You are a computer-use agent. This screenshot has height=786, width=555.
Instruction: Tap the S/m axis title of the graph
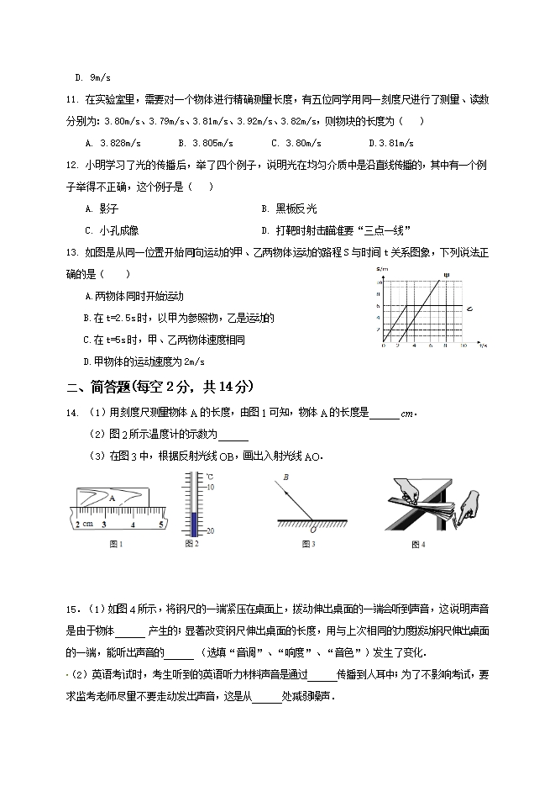coord(383,268)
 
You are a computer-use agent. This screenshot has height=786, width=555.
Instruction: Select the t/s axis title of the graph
coord(481,345)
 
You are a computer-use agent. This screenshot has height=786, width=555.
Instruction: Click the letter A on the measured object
coord(111,497)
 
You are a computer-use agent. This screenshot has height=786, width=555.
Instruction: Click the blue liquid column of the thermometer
coord(194,520)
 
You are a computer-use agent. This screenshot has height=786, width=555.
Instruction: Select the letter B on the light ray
coord(285,477)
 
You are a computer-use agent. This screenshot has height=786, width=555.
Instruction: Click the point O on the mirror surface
coord(313,530)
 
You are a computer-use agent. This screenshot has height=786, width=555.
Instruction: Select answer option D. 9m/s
coord(92,77)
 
